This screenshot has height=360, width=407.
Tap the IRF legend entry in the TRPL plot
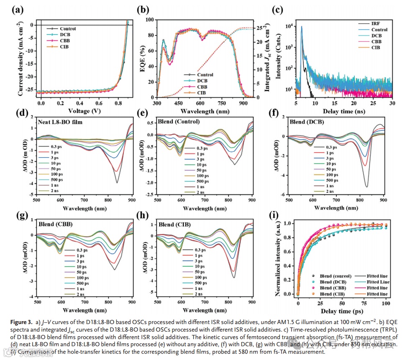(376, 23)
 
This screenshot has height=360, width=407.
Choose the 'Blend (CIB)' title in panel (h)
(174, 225)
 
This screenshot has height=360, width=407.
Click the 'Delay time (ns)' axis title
(343, 111)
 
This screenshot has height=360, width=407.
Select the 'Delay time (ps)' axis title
(341, 311)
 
